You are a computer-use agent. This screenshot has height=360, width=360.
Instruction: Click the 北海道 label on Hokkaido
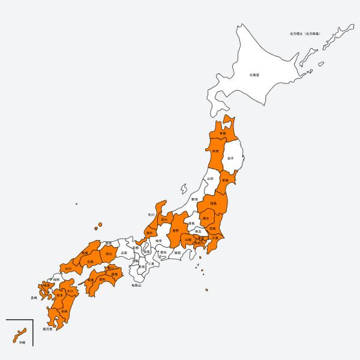coord(254,75)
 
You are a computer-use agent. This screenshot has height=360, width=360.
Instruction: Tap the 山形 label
coord(210,179)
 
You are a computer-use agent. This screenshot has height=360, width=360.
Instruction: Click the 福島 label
coord(214,204)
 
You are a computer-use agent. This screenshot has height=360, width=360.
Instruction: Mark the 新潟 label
coord(194,199)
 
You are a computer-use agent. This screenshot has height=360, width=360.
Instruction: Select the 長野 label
coord(176,230)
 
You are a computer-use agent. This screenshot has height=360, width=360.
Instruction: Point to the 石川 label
coord(151,214)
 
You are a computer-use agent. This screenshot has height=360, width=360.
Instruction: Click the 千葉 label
coord(215,238)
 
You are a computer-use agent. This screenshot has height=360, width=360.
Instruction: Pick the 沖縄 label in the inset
coord(22,342)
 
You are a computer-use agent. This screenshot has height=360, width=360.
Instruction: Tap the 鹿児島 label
coord(47,329)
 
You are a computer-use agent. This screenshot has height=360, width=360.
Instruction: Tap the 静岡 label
coord(177,253)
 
